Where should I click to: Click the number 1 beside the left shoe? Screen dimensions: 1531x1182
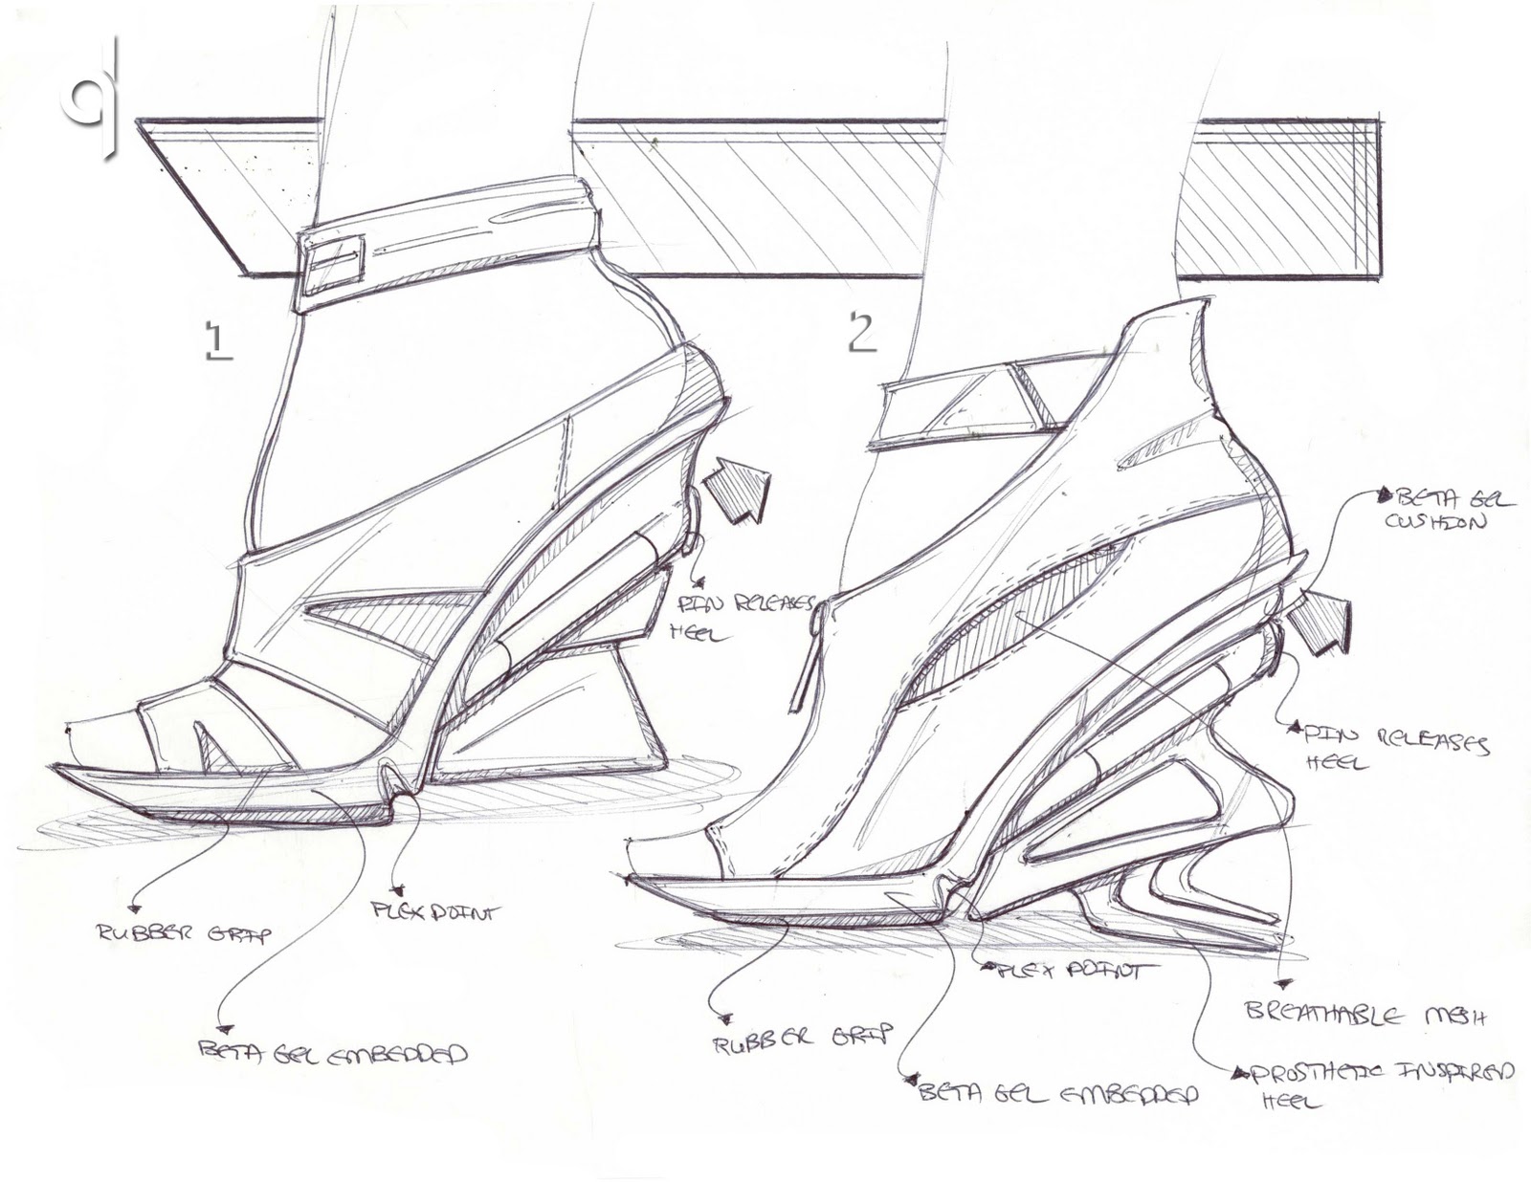tap(217, 340)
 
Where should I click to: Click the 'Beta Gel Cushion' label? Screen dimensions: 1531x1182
tap(1432, 510)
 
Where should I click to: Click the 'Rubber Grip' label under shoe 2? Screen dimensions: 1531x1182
tap(802, 1035)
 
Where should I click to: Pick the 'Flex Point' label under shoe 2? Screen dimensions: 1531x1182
tap(1062, 972)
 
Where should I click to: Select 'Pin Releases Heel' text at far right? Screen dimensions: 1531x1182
tap(1393, 746)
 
